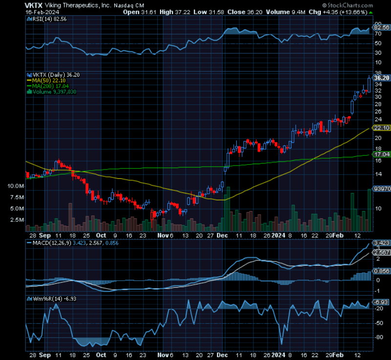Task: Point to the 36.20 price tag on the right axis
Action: [381, 78]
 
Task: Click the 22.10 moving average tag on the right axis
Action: [381, 127]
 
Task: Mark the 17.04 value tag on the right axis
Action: [381, 154]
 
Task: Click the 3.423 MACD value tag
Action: [381, 243]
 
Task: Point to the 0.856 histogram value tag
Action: [381, 271]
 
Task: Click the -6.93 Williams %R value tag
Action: [381, 303]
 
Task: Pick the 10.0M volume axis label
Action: [16, 186]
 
